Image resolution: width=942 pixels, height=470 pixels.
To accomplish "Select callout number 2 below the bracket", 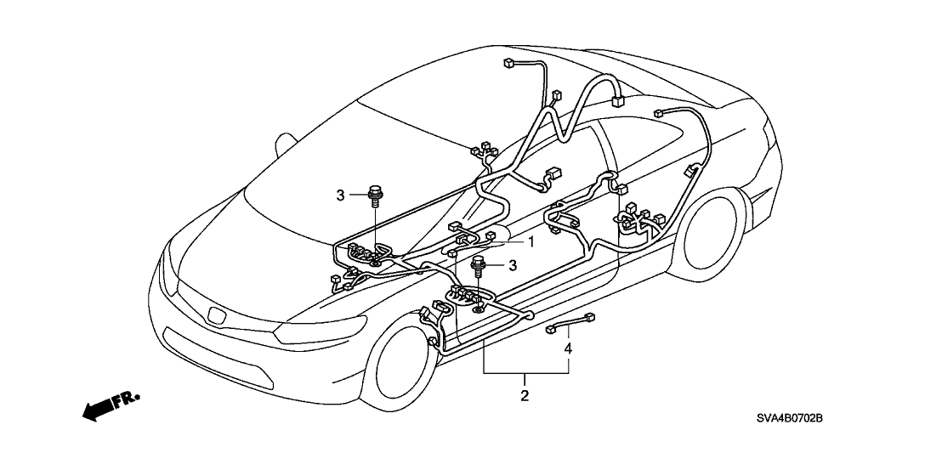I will tap(525, 395).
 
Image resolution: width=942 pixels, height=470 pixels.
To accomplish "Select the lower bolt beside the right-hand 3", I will tap(480, 265).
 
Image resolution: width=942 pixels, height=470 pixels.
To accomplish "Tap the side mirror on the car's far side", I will tap(284, 139).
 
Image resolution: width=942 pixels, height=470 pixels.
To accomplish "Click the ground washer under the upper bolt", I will tap(374, 263).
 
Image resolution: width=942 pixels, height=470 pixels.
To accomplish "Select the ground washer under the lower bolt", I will tap(480, 306).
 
